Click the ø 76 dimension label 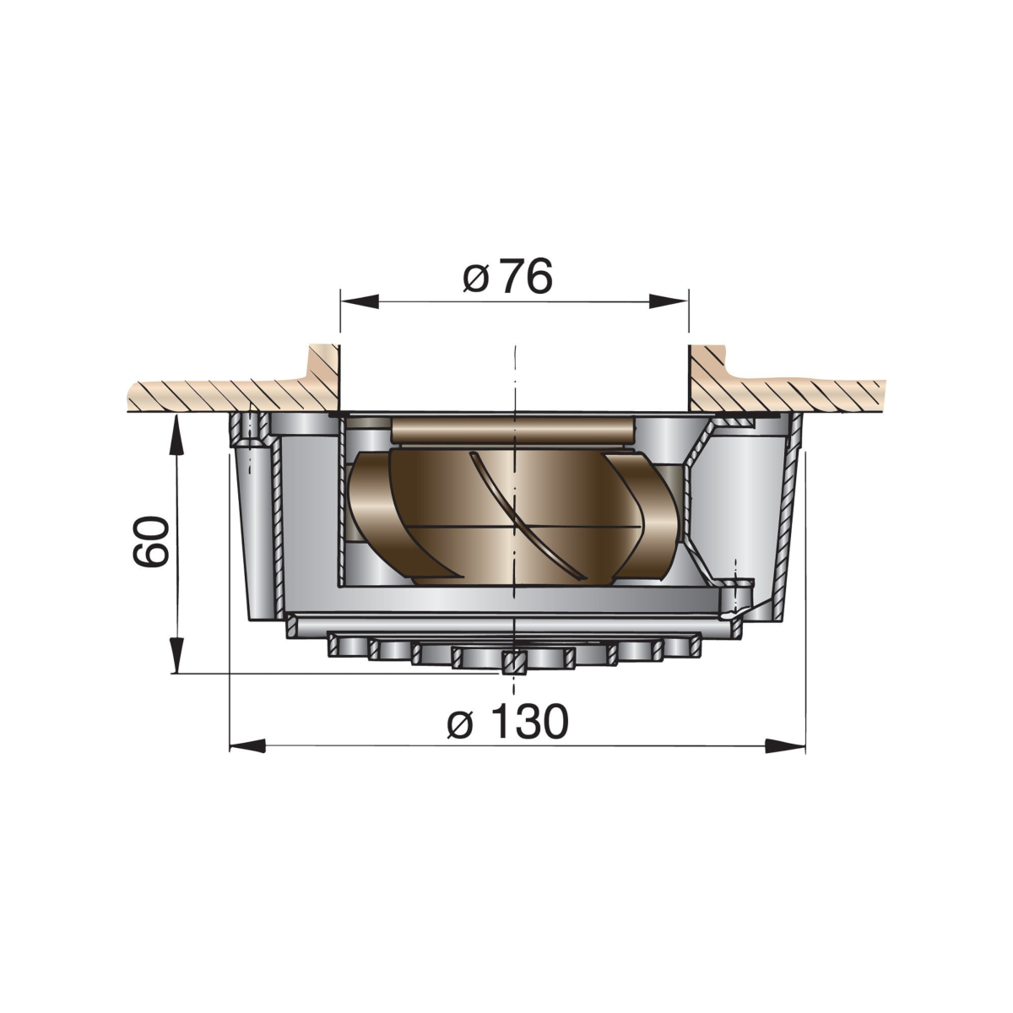[507, 276]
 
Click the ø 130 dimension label [508, 721]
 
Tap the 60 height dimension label [151, 541]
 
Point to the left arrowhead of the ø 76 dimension [360, 301]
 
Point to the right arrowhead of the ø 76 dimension [669, 301]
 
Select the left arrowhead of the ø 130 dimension [248, 746]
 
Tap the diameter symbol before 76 [475, 279]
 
